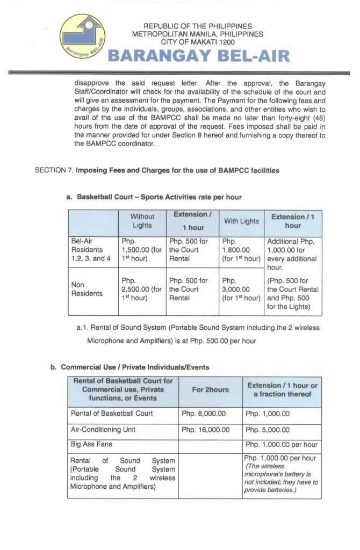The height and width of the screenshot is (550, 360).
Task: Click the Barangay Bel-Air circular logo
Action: pyautogui.click(x=82, y=38)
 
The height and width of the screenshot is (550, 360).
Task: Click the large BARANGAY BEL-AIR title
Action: pyautogui.click(x=199, y=56)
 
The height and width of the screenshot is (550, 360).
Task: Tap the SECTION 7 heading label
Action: pyautogui.click(x=54, y=171)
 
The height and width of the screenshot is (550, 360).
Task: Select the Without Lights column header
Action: pyautogui.click(x=142, y=221)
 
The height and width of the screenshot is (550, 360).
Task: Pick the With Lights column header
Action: pyautogui.click(x=241, y=221)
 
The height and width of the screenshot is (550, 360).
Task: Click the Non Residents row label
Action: pyautogui.click(x=87, y=290)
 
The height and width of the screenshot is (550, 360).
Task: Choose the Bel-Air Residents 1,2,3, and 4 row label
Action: pyautogui.click(x=91, y=250)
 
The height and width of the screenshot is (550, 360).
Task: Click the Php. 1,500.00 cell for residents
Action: pyautogui.click(x=141, y=250)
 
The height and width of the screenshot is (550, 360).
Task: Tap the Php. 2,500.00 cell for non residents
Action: pyautogui.click(x=141, y=289)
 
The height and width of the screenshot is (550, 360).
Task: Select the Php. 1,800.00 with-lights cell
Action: pyautogui.click(x=241, y=250)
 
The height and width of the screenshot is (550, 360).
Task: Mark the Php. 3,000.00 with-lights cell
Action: pyautogui.click(x=241, y=289)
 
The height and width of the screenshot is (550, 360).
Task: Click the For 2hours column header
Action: pyautogui.click(x=210, y=390)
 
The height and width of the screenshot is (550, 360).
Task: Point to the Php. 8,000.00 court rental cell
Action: pyautogui.click(x=204, y=414)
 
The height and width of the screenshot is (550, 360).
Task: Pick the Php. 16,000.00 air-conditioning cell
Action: pyautogui.click(x=205, y=430)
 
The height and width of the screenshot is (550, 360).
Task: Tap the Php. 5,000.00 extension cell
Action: pyautogui.click(x=268, y=430)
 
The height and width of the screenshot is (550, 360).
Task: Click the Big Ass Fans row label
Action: pyautogui.click(x=91, y=445)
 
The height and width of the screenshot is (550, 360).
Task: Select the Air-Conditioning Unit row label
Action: pyautogui.click(x=103, y=430)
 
